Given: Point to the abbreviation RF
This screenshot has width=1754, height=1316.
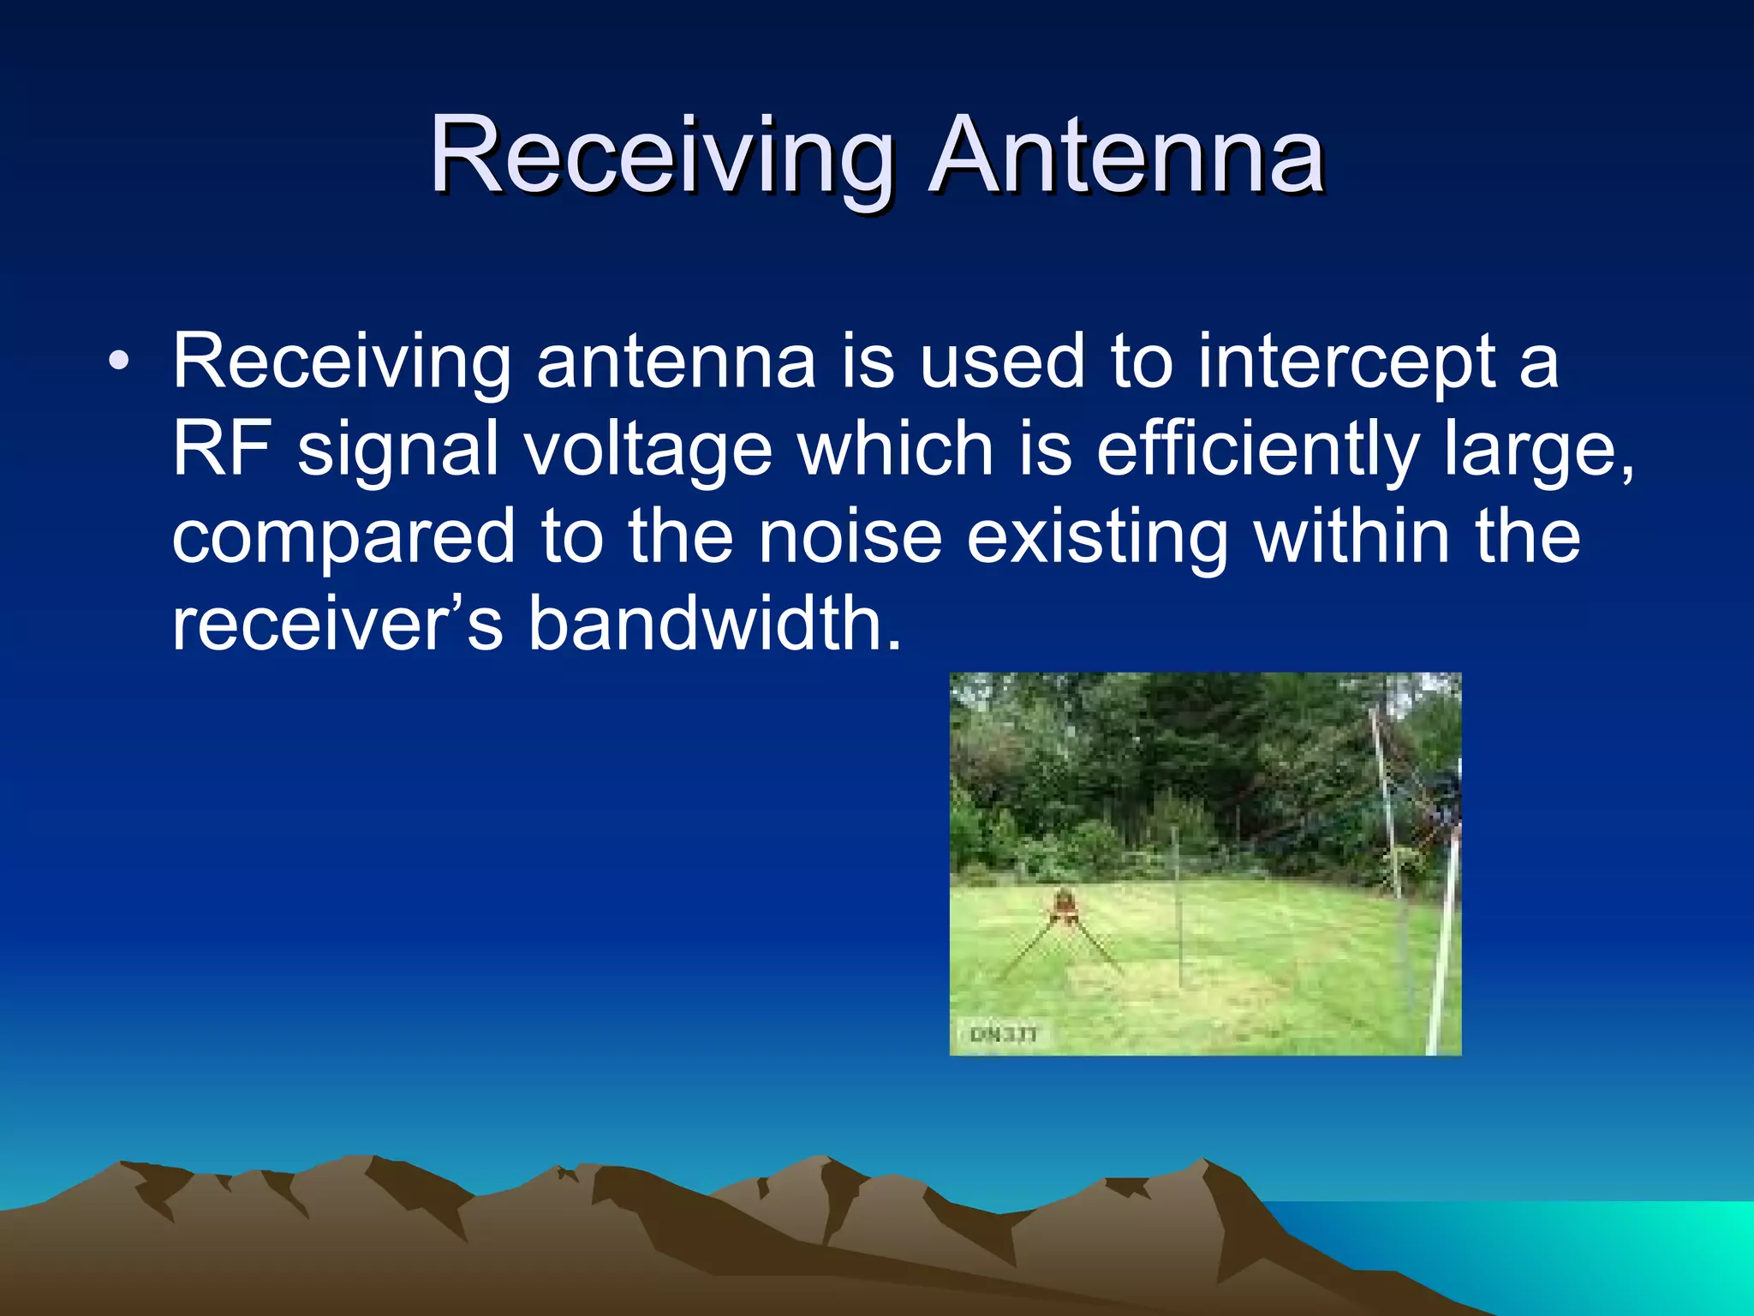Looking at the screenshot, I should pyautogui.click(x=221, y=449).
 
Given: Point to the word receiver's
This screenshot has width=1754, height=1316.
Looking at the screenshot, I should pyautogui.click(x=337, y=624).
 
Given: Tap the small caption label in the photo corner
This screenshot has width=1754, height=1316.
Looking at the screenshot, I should pyautogui.click(x=1003, y=1035).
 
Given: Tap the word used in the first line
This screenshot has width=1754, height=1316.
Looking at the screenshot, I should pyautogui.click(x=1001, y=362).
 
